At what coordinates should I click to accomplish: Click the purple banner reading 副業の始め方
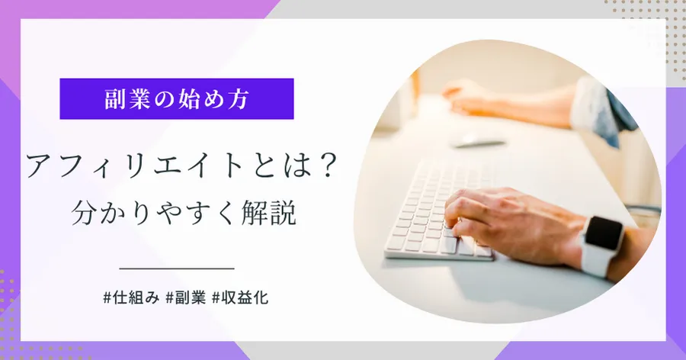click(x=177, y=98)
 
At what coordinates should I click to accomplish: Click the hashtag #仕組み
click(x=131, y=297)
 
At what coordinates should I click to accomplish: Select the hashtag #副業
click(x=186, y=297)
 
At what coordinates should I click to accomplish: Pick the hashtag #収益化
click(x=240, y=297)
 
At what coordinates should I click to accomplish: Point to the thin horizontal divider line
click(x=177, y=268)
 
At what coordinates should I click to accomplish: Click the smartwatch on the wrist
click(x=601, y=244)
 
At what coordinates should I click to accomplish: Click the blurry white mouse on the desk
click(x=479, y=140)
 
